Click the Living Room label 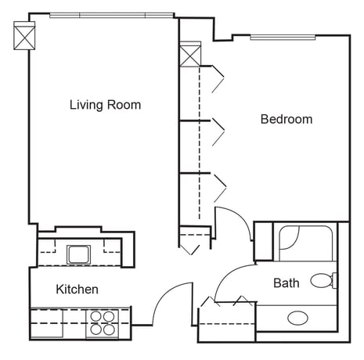tap(106, 105)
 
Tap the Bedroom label tap(287, 119)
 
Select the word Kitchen tap(77, 290)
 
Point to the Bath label tap(287, 283)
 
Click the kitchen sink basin tap(79, 254)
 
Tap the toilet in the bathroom tap(324, 280)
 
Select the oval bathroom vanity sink tap(297, 318)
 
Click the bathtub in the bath tap(305, 243)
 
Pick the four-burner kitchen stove tap(103, 323)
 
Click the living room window tap(111, 16)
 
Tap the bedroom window tap(283, 38)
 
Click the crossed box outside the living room tap(24, 35)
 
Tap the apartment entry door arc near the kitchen tap(164, 293)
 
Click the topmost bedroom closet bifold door tap(218, 79)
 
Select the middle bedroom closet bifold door tap(218, 131)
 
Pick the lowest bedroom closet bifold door tap(220, 188)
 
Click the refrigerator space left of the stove tap(47, 323)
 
